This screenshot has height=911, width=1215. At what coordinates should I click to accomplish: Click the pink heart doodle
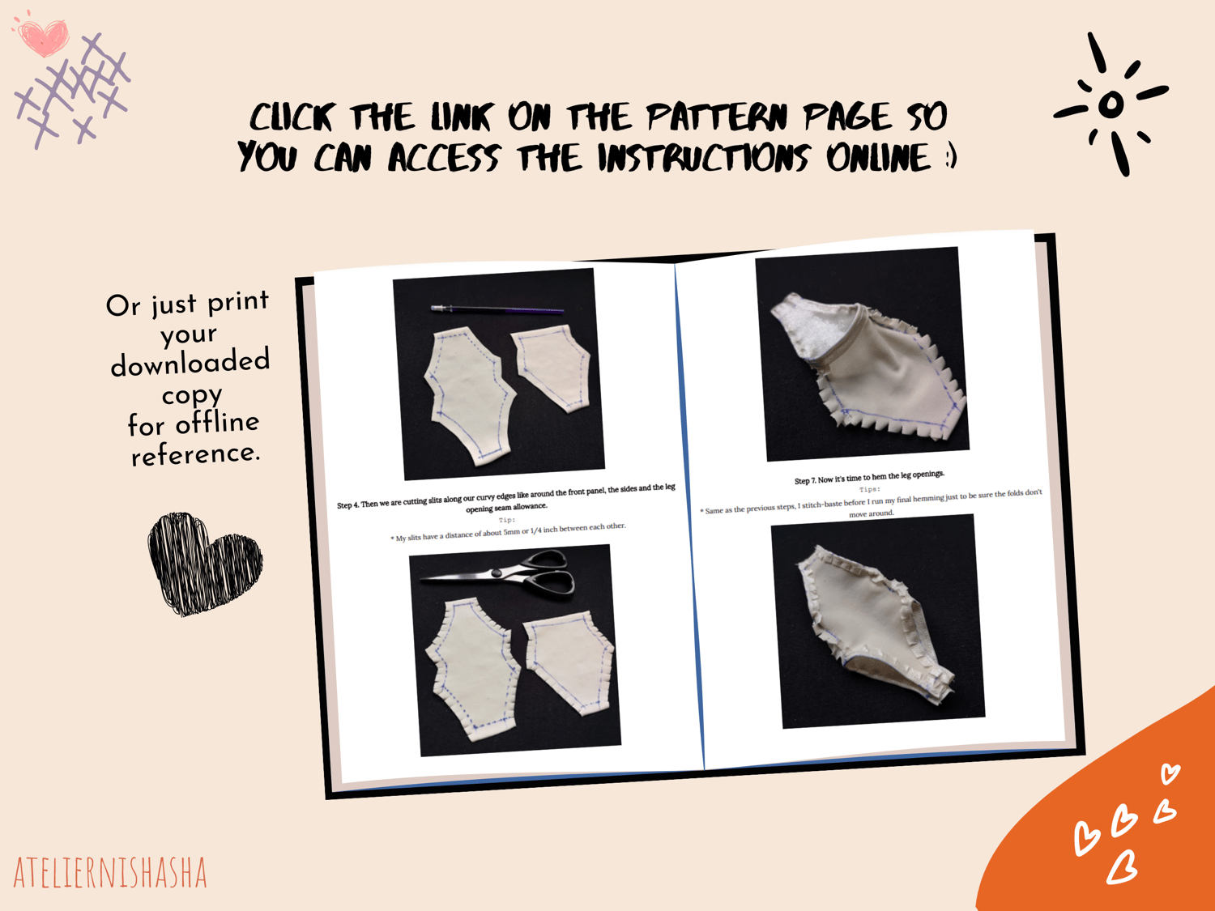(x=43, y=36)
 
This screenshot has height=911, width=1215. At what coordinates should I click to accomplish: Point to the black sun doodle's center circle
(x=1111, y=104)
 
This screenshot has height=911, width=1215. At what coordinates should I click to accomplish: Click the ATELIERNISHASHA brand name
(x=110, y=873)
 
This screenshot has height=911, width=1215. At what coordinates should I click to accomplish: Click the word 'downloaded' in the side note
(x=190, y=362)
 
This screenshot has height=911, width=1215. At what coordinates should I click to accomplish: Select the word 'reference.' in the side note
(x=195, y=454)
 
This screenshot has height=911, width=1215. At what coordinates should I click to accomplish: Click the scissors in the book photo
(x=497, y=574)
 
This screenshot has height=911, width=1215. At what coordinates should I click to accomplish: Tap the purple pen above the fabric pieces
(x=497, y=310)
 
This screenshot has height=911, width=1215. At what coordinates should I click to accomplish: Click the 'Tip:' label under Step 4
(x=506, y=520)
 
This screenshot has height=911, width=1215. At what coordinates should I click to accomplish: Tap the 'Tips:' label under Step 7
(x=870, y=490)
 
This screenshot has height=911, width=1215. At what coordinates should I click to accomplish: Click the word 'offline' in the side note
(x=218, y=423)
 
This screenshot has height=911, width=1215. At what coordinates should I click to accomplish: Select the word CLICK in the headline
(x=291, y=117)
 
